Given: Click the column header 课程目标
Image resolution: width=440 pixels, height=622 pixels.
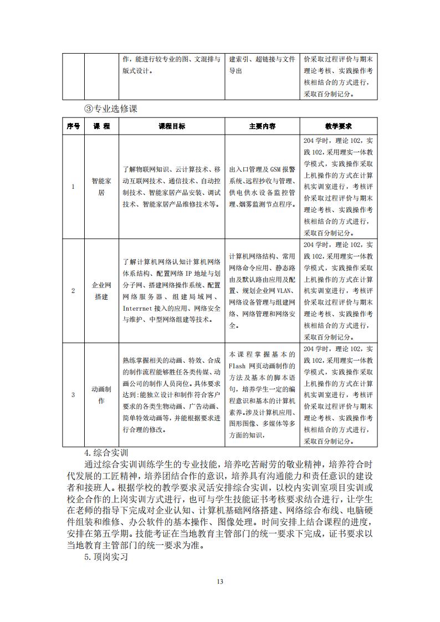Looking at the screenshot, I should pyautogui.click(x=172, y=126).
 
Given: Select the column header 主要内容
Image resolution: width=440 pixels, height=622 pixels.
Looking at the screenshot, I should pyautogui.click(x=262, y=126).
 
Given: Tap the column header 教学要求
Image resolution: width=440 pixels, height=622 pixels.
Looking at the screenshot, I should pyautogui.click(x=339, y=126).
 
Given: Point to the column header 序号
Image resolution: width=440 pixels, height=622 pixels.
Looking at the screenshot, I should pyautogui.click(x=73, y=126).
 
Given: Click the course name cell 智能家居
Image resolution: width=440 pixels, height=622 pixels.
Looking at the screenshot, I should pyautogui.click(x=101, y=187).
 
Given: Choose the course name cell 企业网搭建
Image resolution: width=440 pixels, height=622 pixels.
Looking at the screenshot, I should pyautogui.click(x=101, y=291).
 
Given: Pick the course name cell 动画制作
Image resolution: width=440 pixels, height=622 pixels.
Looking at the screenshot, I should pyautogui.click(x=101, y=394).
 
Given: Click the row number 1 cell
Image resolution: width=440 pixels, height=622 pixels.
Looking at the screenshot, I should pyautogui.click(x=73, y=187).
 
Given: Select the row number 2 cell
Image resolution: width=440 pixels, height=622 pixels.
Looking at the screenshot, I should pyautogui.click(x=73, y=291).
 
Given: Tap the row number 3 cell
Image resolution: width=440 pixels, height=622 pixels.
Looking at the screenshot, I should pyautogui.click(x=73, y=394).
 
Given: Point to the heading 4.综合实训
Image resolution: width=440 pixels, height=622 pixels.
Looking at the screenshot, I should pyautogui.click(x=106, y=452).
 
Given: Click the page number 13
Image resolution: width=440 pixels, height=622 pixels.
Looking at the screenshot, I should pyautogui.click(x=220, y=581).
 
